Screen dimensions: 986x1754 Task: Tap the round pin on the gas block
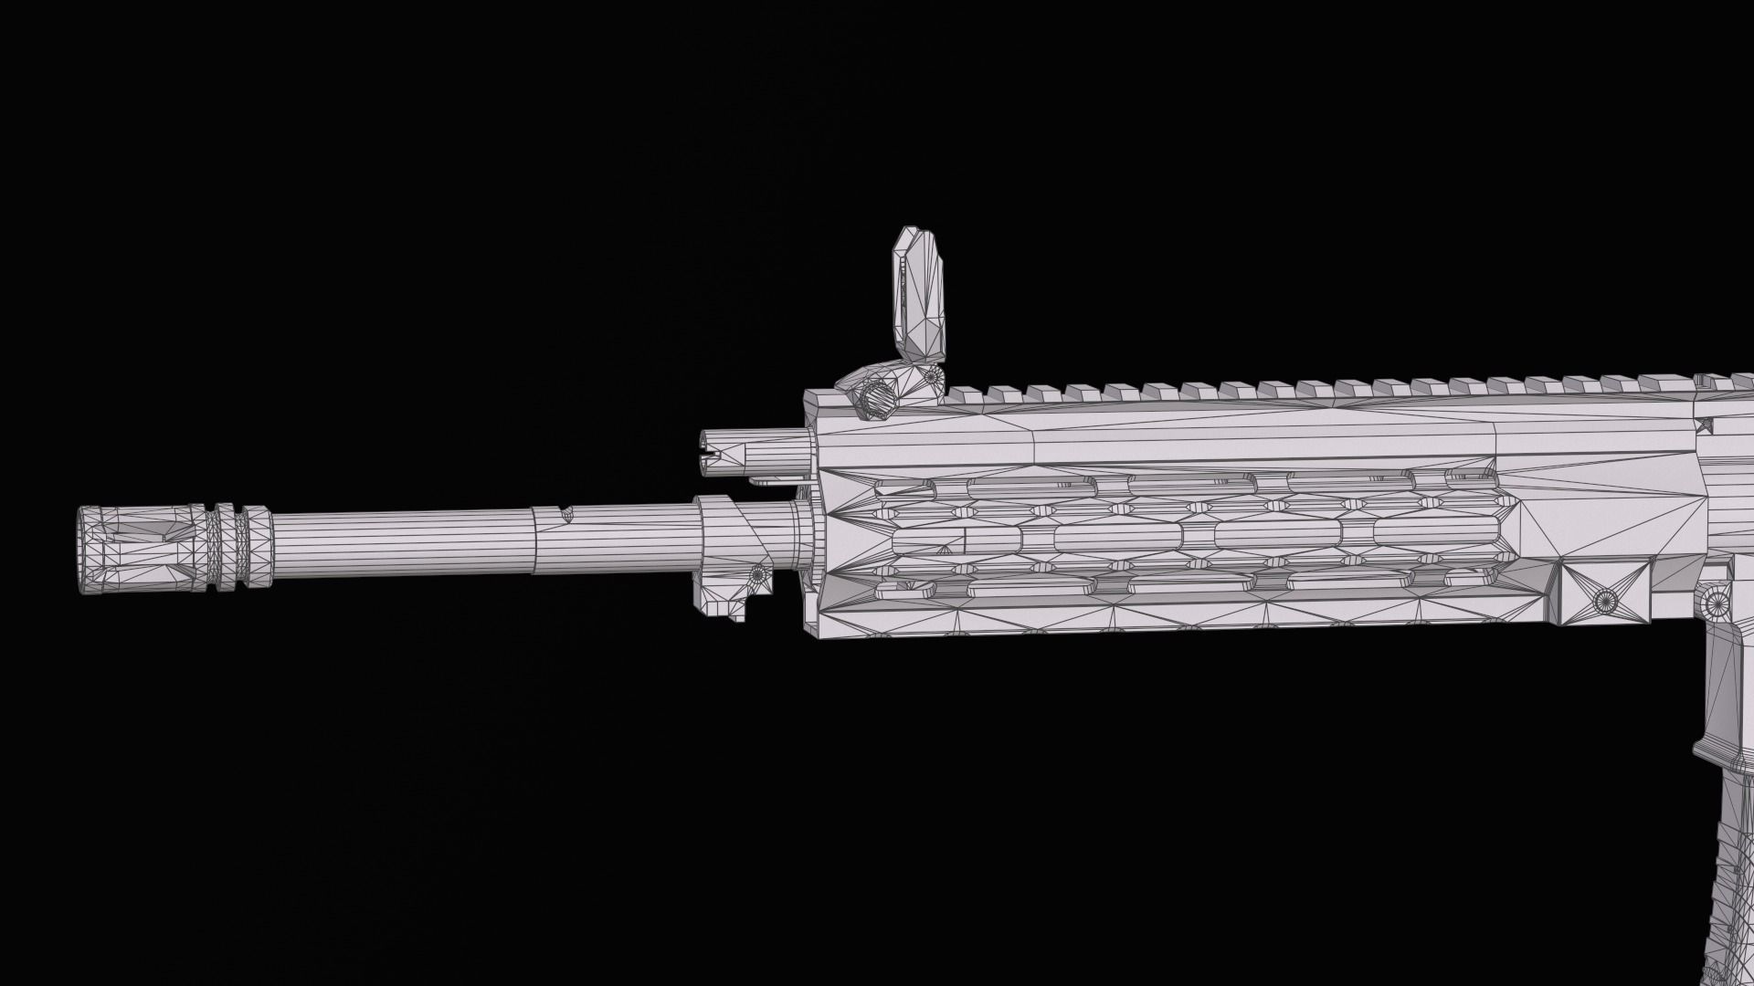pos(756,575)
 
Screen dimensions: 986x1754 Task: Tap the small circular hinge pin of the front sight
pos(932,375)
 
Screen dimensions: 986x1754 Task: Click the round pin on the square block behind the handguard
pos(1605,601)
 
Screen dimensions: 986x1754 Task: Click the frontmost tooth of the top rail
pos(967,393)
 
